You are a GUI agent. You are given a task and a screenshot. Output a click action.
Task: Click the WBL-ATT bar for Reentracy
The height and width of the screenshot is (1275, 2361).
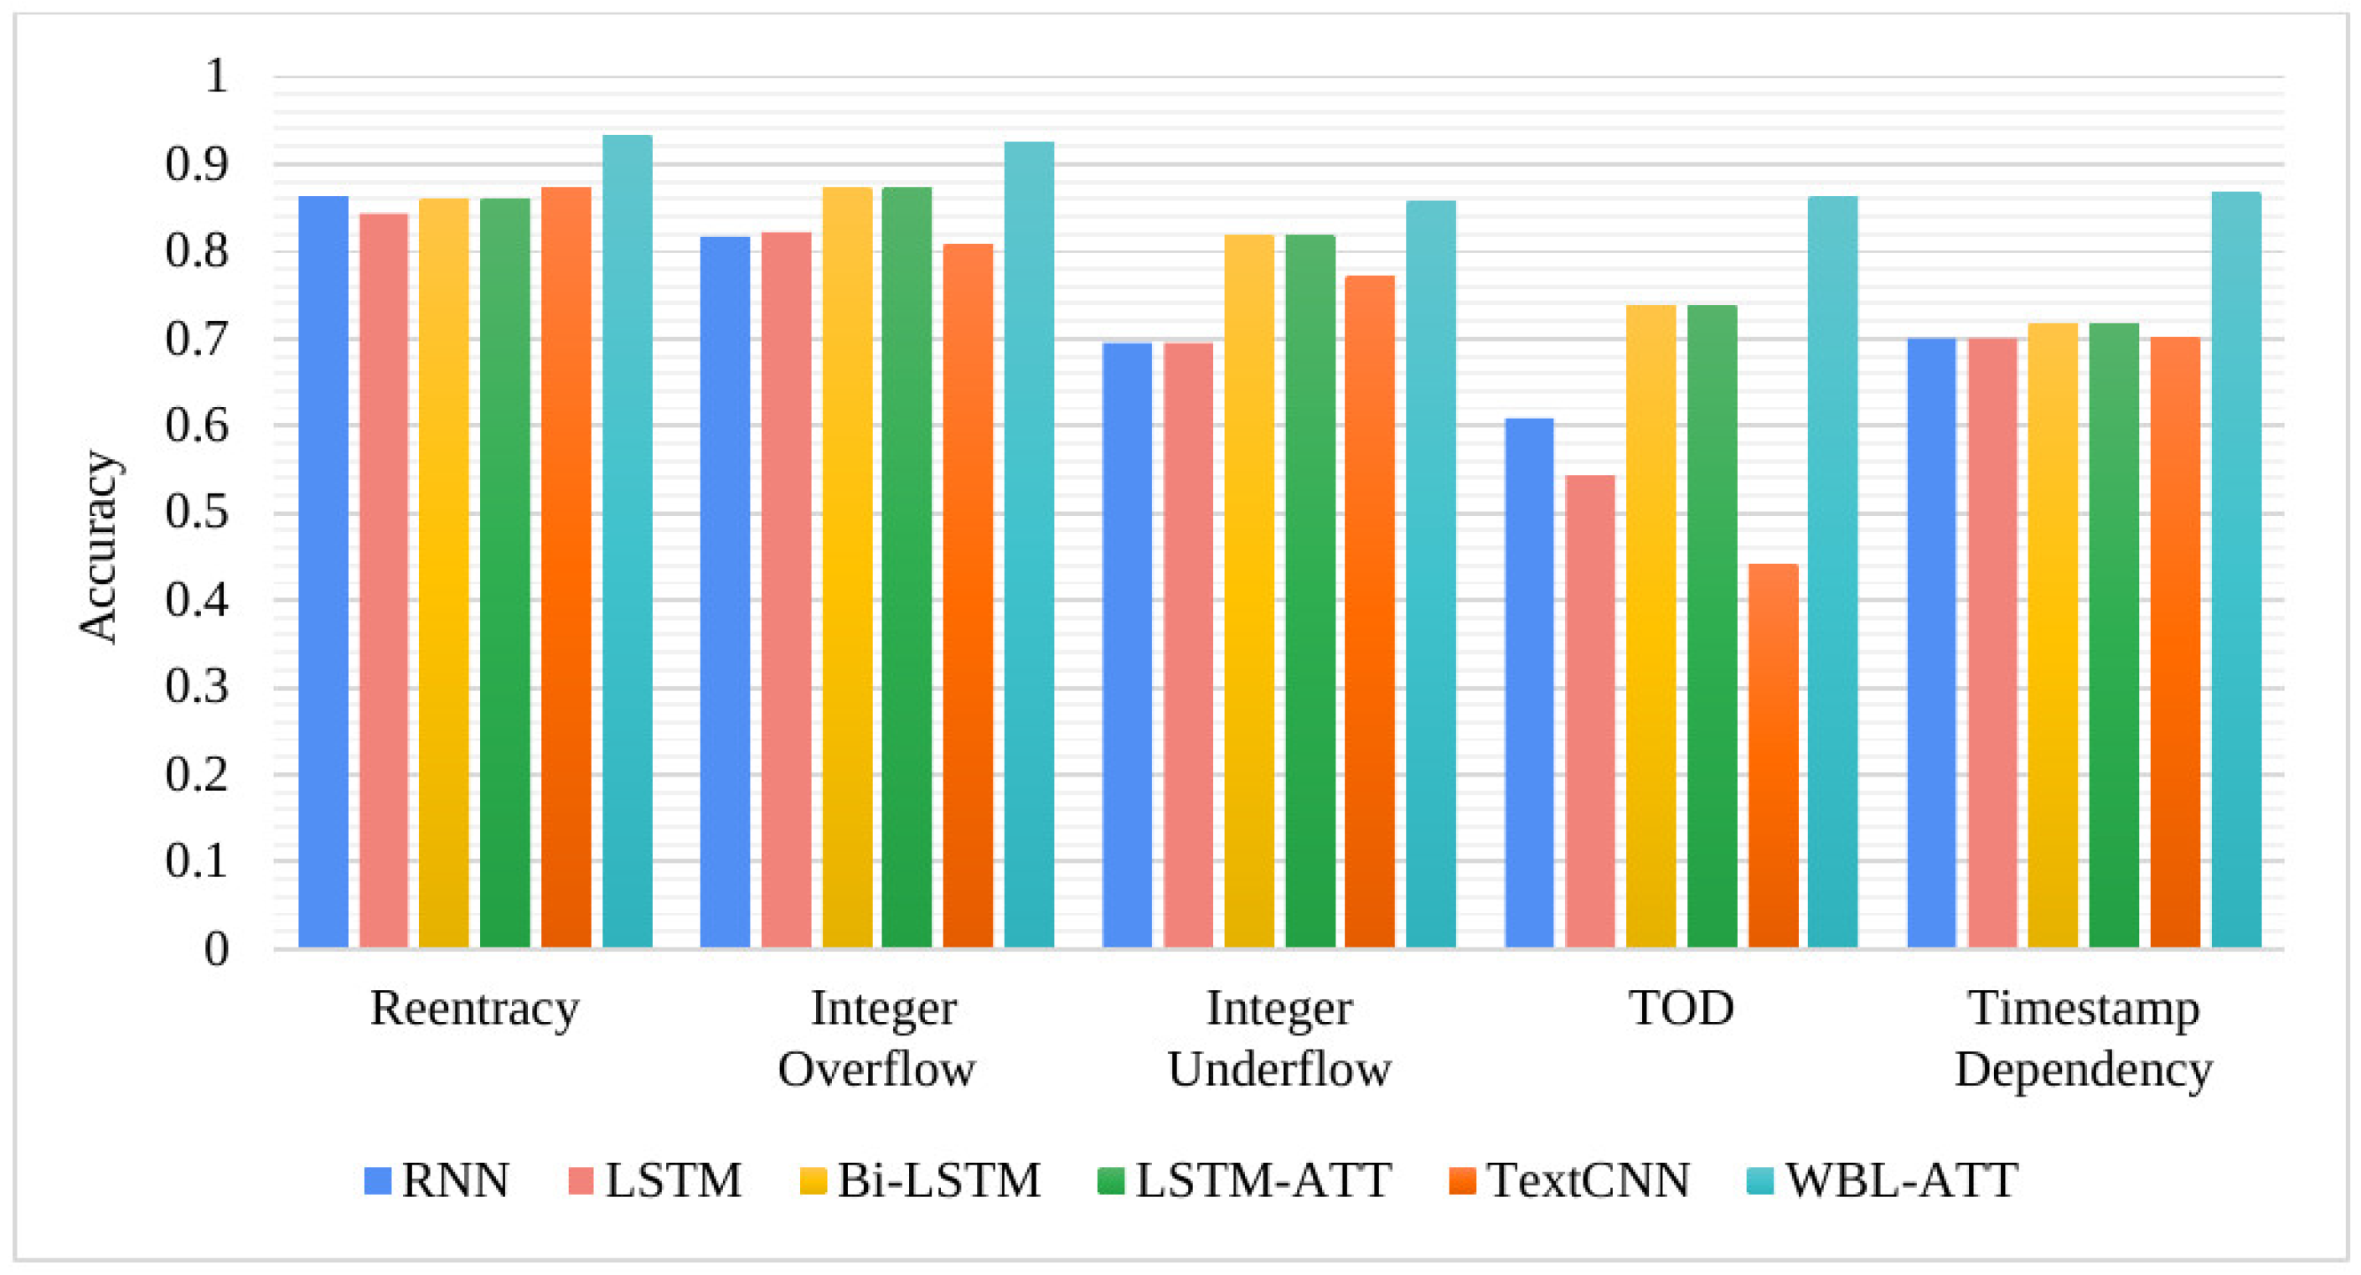tap(627, 541)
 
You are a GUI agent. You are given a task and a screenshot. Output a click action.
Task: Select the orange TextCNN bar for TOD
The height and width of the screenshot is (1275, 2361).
tap(1773, 756)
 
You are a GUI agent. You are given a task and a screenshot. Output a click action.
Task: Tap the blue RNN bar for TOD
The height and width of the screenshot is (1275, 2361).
tap(1529, 683)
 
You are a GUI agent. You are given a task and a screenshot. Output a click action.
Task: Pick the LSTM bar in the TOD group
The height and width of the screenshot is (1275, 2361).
tap(1589, 711)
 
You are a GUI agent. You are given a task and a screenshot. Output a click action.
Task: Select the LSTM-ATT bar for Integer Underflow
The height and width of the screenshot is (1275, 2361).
tap(1310, 591)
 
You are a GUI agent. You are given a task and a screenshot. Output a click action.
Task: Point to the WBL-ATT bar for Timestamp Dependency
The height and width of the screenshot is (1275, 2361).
tap(2236, 568)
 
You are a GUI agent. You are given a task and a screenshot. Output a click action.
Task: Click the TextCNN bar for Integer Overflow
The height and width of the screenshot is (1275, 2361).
tap(968, 595)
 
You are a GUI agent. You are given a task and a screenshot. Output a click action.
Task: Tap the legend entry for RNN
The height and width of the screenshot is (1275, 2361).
tap(437, 1180)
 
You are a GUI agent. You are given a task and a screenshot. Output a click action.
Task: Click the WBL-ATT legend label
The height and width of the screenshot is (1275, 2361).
tap(1902, 1180)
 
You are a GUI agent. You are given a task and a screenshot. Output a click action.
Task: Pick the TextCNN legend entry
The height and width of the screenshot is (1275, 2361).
tap(1569, 1180)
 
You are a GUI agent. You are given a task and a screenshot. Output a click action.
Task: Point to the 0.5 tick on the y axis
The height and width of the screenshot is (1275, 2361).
tap(196, 513)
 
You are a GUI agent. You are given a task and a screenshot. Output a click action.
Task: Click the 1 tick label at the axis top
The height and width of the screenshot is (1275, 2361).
tap(216, 76)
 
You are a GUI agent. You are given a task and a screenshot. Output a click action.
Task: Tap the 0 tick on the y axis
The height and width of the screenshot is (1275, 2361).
tap(216, 948)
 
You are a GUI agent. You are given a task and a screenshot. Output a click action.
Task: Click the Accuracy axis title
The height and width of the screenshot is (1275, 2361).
tap(98, 546)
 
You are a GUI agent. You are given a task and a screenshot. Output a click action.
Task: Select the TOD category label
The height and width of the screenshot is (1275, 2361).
tap(1681, 1008)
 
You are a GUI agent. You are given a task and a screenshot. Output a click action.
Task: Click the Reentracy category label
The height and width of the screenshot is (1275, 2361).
tap(475, 1009)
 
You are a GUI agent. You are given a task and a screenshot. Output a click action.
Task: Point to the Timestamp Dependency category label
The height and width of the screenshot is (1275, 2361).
tap(2084, 1038)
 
